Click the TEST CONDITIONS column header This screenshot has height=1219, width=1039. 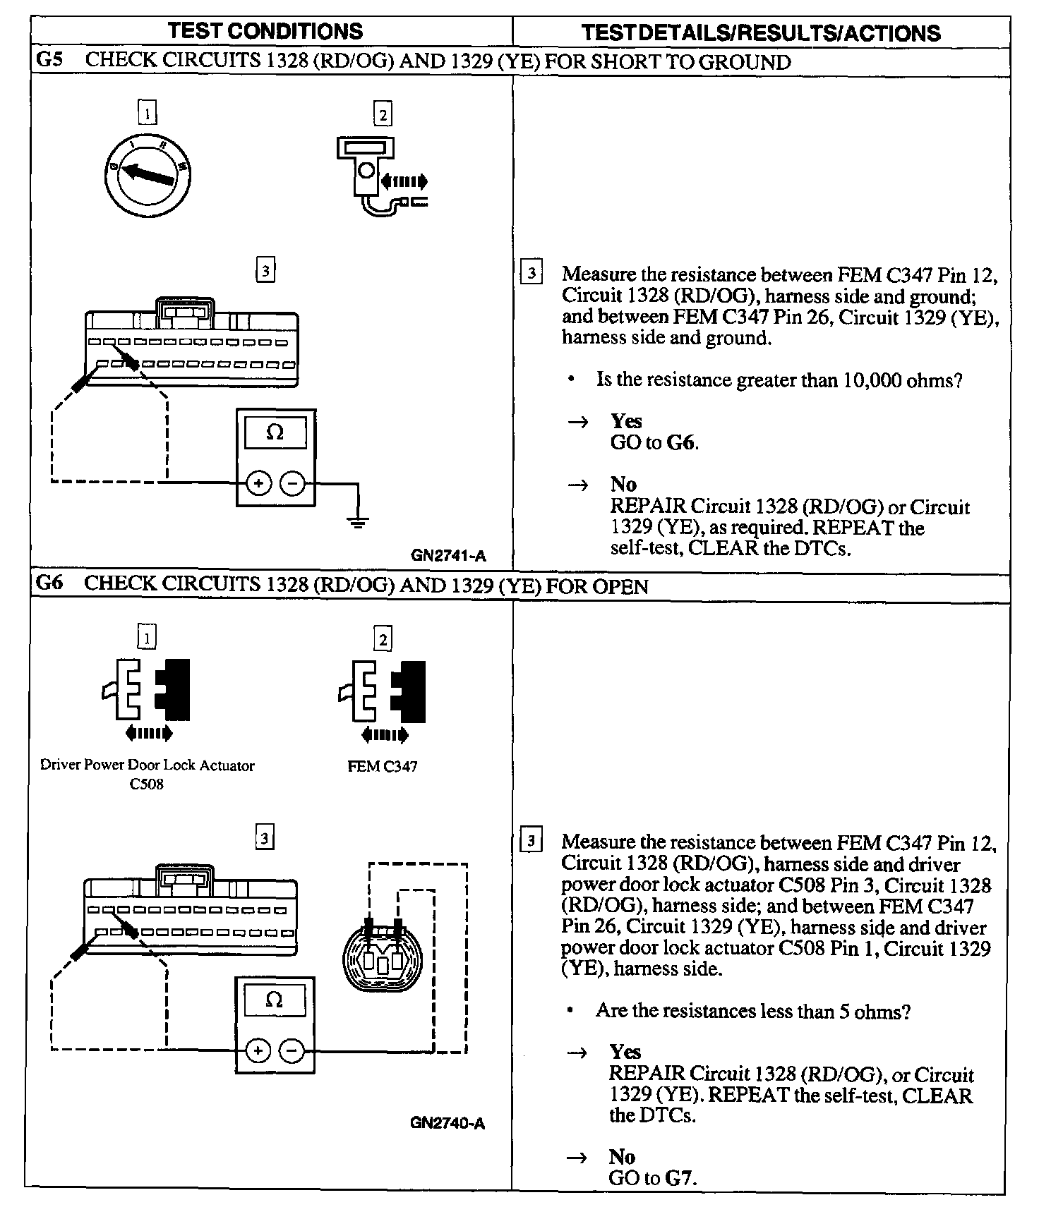point(265,31)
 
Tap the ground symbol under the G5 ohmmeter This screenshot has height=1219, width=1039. point(358,523)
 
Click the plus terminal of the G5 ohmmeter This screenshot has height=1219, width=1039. point(258,483)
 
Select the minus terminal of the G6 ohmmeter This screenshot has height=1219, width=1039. point(292,1051)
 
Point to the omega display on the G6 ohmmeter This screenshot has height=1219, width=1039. point(275,1000)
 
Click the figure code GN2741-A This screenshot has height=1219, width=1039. point(448,555)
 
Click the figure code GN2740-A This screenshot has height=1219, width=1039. point(448,1123)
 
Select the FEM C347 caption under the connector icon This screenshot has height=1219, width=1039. point(383,766)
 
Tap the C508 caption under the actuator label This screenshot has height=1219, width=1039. point(147,784)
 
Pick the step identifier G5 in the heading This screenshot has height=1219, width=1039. point(49,60)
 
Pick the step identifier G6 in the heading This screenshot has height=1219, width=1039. point(49,584)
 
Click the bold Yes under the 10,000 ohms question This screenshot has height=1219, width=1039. point(626,421)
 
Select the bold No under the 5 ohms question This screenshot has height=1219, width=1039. point(622,1157)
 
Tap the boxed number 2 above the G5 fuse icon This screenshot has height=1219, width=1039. point(383,114)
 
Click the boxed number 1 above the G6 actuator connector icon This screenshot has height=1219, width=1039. point(147,638)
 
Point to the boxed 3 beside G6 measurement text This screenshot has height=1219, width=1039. point(531,841)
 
